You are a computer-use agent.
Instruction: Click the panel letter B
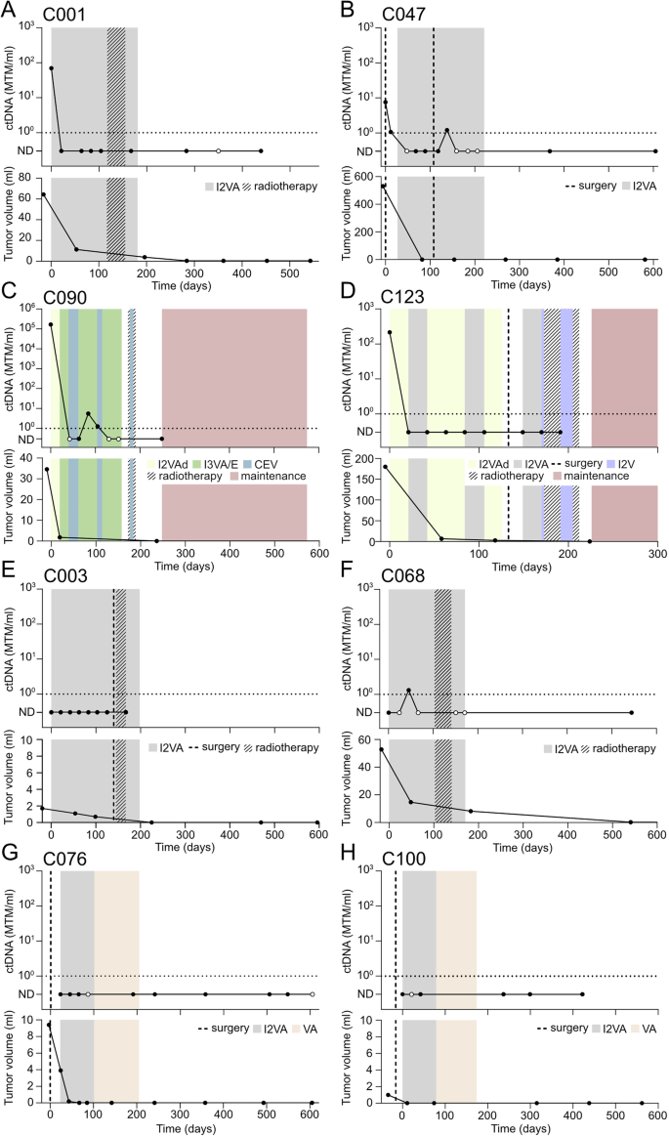[x=347, y=12]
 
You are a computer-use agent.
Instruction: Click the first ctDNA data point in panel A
[x=51, y=68]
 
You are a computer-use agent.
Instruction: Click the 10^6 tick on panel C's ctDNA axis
[x=30, y=309]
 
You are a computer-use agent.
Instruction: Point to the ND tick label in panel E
[x=30, y=712]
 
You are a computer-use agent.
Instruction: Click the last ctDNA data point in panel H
[x=582, y=994]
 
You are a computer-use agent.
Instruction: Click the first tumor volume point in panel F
[x=381, y=749]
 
